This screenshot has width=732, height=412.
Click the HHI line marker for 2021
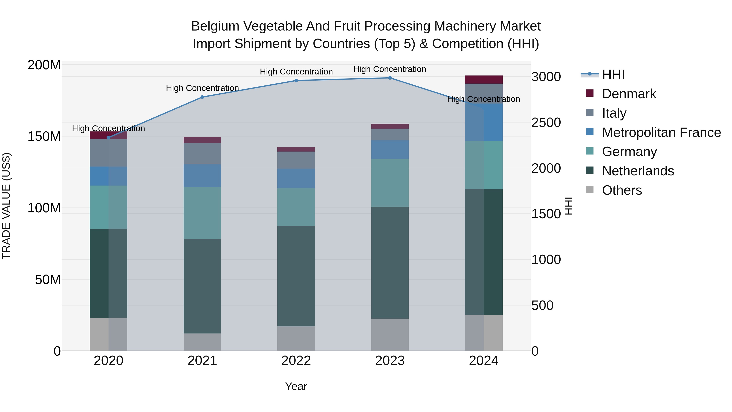202,97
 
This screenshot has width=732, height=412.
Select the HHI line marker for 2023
390,78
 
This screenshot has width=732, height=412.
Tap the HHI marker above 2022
296,80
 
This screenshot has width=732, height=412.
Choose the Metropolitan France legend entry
661,132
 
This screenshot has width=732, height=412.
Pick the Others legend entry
622,190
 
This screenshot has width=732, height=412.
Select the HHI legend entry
613,74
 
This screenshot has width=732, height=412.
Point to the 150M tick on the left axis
44,137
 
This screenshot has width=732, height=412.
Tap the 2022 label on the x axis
296,361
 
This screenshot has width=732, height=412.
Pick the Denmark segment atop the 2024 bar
484,80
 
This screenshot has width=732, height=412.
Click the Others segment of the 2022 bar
296,338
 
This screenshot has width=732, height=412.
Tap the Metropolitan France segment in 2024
484,122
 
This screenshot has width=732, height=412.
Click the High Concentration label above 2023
390,69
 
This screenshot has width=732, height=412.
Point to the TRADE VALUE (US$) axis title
6,206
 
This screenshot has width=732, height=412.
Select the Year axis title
296,386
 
